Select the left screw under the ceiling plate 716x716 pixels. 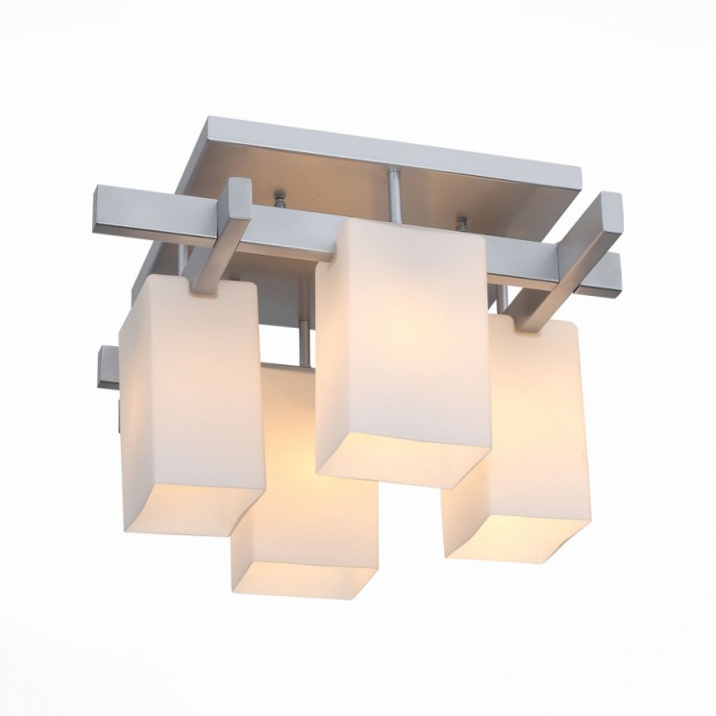pyautogui.click(x=279, y=201)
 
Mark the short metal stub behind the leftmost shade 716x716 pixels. pyautogui.click(x=108, y=370)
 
